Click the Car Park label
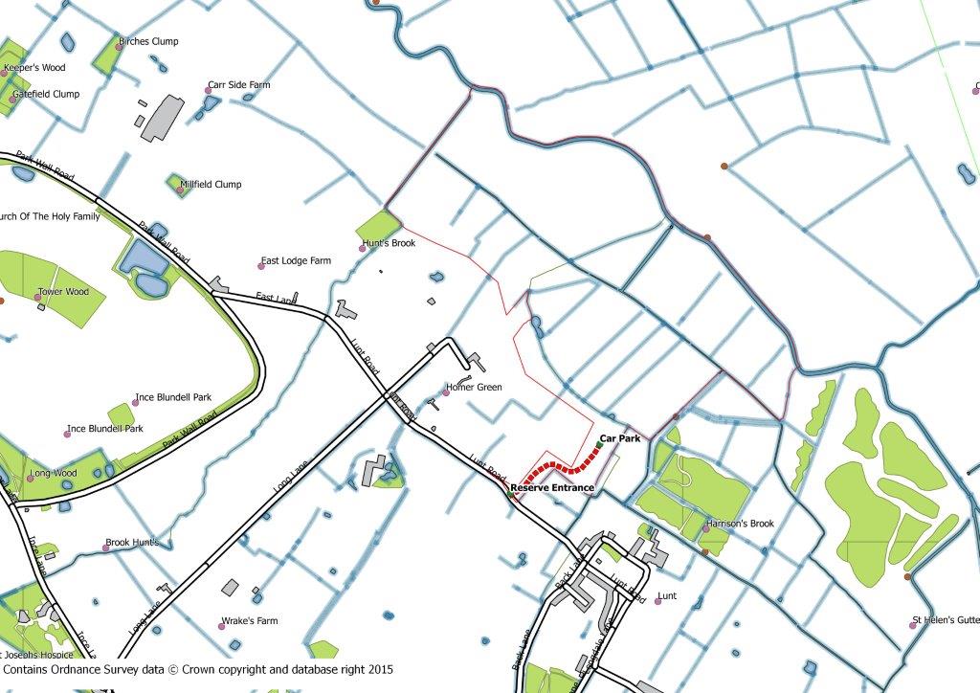(620, 438)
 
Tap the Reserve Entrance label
(552, 488)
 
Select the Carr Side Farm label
(239, 85)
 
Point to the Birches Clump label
(148, 42)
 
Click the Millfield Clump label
(212, 185)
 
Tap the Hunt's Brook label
(390, 244)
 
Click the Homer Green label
(475, 388)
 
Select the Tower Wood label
(63, 292)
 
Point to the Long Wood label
(54, 474)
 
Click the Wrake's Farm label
(249, 621)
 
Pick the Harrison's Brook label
(740, 525)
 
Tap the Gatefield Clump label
(46, 95)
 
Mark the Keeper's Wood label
(34, 69)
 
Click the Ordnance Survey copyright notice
(197, 670)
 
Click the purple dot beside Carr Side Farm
(208, 90)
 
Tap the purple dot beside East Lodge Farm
(261, 265)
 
